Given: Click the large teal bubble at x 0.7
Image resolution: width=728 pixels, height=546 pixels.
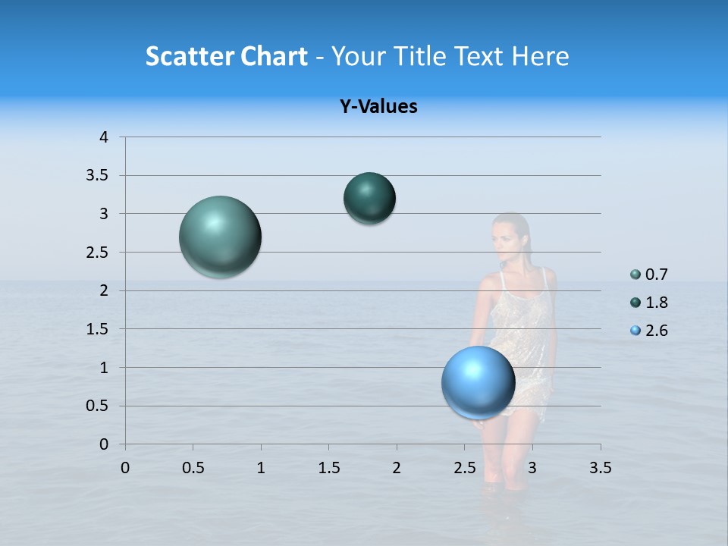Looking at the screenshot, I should point(220,237).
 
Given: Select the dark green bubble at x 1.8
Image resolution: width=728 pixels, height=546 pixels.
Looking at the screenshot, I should point(369,198).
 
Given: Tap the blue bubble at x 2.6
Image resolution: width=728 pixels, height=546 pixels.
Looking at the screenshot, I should point(478,382).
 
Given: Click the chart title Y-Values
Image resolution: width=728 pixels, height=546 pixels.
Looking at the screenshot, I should point(378,107).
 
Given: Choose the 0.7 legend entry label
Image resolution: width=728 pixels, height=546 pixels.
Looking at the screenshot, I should point(656,275).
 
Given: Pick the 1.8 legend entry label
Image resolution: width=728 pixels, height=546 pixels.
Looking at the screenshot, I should point(656,303).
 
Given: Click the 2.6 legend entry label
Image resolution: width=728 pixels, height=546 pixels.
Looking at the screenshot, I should point(656,331).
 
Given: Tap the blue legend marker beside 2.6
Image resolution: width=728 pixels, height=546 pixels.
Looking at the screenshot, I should point(635,331).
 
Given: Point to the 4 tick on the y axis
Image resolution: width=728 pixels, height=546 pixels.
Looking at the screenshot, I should point(104,137).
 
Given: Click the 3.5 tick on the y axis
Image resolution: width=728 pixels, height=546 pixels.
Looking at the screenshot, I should point(99,176).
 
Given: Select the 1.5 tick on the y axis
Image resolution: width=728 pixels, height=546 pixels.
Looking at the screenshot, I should point(99,329).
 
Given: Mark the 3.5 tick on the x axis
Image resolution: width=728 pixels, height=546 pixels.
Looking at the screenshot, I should point(600,467).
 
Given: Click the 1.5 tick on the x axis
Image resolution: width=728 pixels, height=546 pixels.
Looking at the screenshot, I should point(328,467).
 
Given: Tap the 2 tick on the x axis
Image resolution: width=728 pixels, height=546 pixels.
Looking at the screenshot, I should point(396,467).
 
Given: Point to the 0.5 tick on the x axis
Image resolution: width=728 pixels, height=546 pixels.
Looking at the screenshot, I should point(193,467).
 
